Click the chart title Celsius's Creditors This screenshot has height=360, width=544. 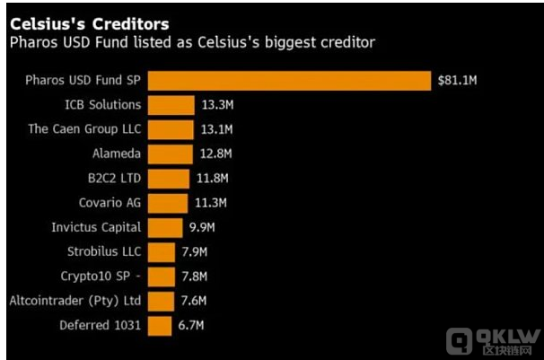click(89, 22)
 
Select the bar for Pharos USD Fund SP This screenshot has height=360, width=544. click(288, 81)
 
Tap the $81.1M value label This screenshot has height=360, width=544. click(457, 81)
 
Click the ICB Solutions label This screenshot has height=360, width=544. click(104, 105)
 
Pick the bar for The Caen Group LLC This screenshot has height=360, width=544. click(170, 129)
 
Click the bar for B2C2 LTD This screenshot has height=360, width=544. click(168, 179)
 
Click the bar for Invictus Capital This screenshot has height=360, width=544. click(164, 227)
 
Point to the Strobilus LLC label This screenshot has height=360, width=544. click(104, 251)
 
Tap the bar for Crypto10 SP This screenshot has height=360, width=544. click(160, 277)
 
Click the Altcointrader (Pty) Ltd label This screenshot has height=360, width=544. click(75, 301)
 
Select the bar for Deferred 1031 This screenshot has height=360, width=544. click(158, 325)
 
